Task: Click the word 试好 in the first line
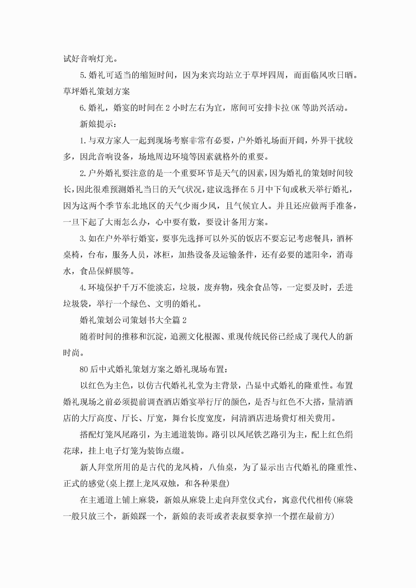[x=71, y=59]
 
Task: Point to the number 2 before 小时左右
[x=167, y=108]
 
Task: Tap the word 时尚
[x=71, y=353]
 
